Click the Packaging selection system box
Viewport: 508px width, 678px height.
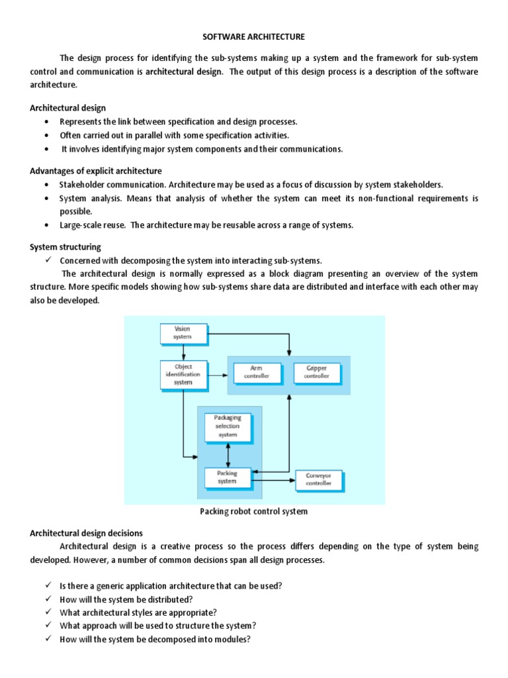228,426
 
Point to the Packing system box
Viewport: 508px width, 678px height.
228,477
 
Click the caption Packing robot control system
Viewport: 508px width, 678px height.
253,511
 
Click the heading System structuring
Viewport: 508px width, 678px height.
65,247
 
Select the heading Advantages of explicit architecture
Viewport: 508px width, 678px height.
96,171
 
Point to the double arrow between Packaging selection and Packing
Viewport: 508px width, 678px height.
228,455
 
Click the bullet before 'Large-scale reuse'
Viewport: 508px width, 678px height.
46,225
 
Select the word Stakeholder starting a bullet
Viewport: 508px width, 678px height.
80,185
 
